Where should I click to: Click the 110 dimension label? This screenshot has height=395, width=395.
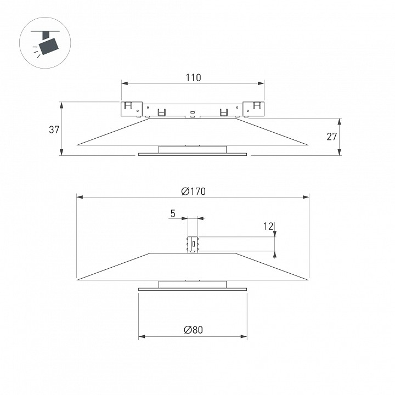[x=194, y=77]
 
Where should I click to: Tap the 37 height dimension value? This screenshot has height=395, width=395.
[x=54, y=129]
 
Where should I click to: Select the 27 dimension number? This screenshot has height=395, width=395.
[x=331, y=137]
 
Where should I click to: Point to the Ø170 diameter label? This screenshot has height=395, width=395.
[x=194, y=191]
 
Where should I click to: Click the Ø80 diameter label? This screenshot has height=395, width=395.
[x=193, y=330]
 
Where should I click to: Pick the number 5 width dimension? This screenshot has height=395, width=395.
[x=173, y=213]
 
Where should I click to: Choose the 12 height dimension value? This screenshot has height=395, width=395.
[x=268, y=227]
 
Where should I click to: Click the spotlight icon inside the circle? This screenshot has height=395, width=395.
[x=45, y=43]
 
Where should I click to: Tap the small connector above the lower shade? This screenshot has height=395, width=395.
[x=193, y=244]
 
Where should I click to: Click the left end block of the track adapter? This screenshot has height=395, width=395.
[x=132, y=109]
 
